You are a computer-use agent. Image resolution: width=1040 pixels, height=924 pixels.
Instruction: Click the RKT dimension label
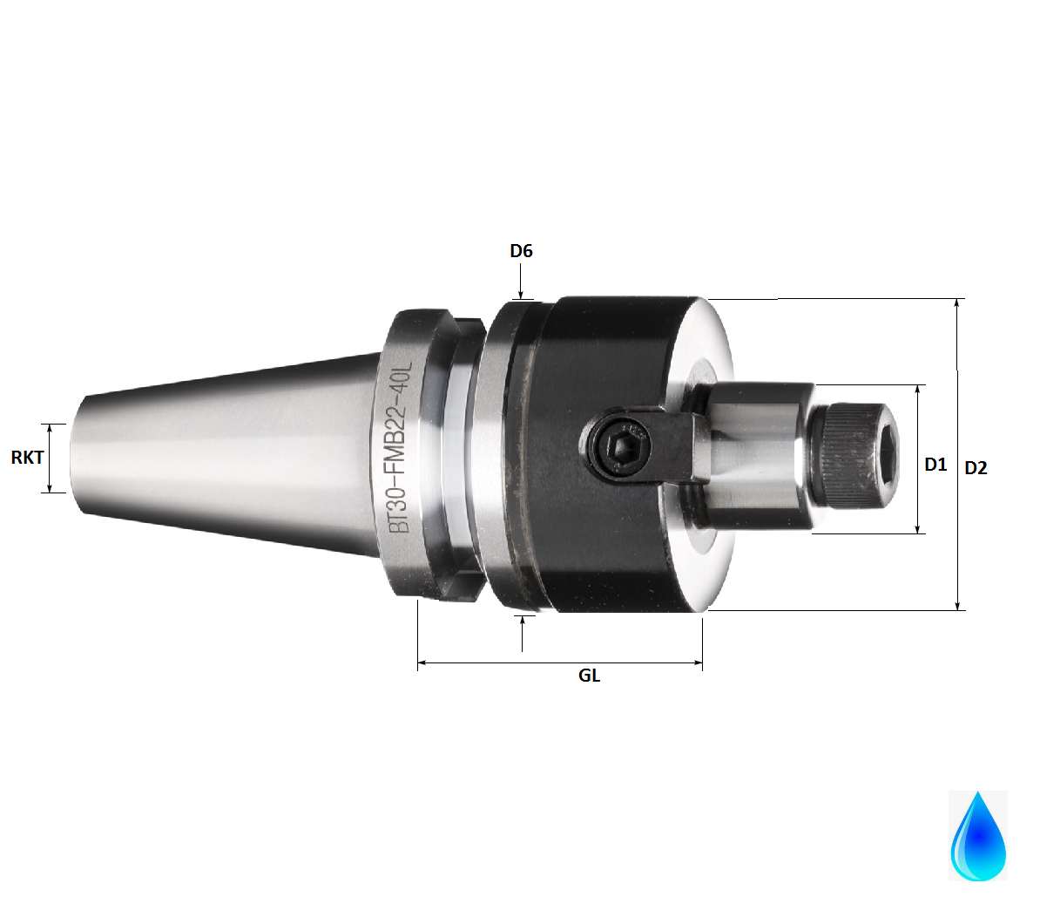click(x=27, y=457)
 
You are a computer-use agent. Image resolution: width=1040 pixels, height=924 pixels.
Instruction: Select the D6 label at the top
click(x=521, y=251)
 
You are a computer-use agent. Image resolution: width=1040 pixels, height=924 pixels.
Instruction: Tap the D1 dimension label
click(x=935, y=465)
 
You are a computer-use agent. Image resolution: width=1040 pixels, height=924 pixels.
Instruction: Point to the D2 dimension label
click(x=976, y=468)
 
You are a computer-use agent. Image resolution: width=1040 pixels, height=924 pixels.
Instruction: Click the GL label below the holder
click(x=589, y=676)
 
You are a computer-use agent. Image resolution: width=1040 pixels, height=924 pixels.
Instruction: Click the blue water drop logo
click(x=977, y=836)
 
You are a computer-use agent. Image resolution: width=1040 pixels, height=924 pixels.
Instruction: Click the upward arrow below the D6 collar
click(x=523, y=620)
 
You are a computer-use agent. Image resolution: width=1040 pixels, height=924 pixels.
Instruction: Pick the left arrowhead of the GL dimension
click(x=422, y=663)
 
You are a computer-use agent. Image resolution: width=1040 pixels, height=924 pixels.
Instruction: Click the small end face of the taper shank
click(x=77, y=458)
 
